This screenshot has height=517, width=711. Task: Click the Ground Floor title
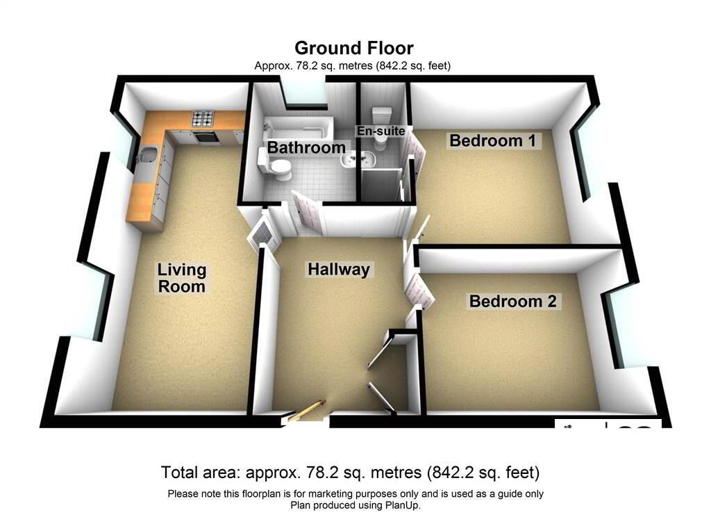354,48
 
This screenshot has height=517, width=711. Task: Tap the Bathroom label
306,147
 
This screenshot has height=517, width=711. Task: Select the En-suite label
380,131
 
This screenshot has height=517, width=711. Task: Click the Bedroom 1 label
493,141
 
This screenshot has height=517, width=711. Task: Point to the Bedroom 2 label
513,302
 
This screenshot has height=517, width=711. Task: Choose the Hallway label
339,270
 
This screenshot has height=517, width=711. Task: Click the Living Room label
181,277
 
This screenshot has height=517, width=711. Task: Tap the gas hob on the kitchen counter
204,118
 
